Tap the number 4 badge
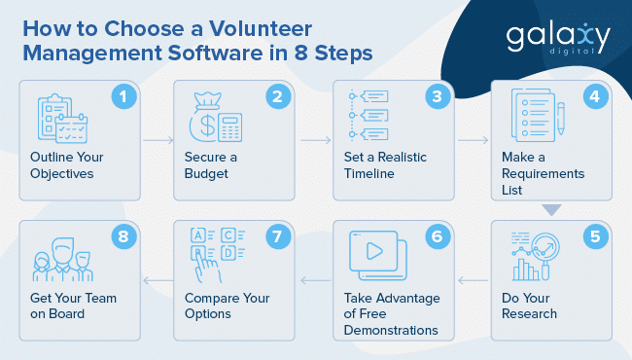click(594, 95)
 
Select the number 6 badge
click(438, 236)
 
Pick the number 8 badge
click(123, 236)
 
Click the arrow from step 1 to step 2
click(158, 140)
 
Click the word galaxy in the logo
click(558, 36)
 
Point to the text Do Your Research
click(529, 306)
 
